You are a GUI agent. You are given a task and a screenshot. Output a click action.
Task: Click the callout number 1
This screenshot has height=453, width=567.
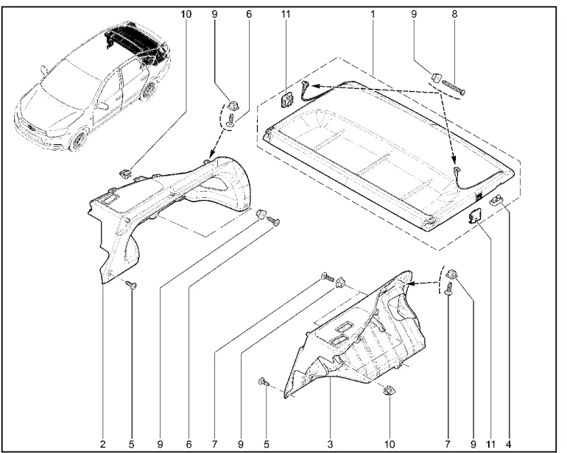[373, 14]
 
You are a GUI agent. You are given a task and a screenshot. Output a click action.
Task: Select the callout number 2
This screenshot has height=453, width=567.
[103, 443]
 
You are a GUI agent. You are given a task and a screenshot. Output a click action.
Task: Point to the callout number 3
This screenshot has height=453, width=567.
[331, 443]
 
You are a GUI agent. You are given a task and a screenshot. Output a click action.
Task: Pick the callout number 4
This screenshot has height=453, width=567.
[508, 443]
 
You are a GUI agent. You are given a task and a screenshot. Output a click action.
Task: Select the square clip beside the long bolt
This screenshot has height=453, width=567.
[434, 75]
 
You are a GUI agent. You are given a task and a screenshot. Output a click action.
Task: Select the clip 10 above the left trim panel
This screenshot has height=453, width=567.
[124, 173]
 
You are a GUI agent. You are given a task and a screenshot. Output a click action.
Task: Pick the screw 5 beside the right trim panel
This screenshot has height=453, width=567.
[263, 382]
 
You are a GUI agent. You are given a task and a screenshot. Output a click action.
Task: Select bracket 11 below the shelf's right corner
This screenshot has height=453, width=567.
[476, 214]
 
